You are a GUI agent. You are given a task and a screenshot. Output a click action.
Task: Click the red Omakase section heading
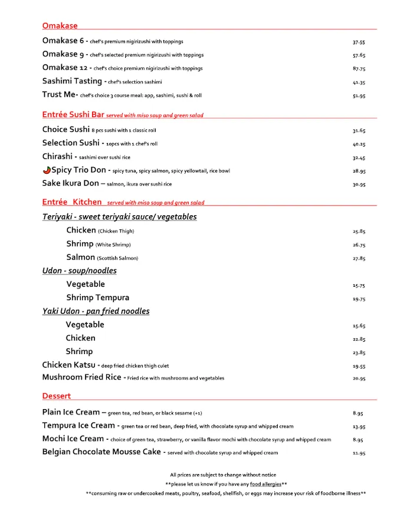(x=60, y=26)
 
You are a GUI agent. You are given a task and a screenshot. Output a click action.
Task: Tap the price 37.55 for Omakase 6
(x=359, y=43)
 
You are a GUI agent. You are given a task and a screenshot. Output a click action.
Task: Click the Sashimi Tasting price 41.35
(x=359, y=83)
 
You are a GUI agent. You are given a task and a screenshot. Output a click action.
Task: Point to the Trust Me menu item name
(x=60, y=95)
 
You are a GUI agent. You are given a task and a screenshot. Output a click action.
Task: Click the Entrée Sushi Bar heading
(x=73, y=115)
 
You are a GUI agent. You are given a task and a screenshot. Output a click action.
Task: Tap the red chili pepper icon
(x=47, y=170)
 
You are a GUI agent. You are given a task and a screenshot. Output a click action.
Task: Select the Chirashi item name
(x=57, y=157)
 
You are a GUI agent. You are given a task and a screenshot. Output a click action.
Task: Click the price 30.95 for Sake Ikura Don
(x=359, y=184)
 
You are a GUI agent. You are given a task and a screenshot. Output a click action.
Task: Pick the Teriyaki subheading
(x=119, y=217)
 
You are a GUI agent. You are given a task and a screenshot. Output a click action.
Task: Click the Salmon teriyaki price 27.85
(x=359, y=258)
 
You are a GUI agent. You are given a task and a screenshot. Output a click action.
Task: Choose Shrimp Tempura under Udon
(x=97, y=298)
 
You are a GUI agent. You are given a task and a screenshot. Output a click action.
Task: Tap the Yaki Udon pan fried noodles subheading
(x=96, y=312)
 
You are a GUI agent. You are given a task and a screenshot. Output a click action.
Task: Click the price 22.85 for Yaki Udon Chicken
(x=359, y=339)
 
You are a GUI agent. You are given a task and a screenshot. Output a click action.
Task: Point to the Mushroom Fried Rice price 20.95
(x=359, y=379)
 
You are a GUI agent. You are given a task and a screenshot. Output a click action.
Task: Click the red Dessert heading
(x=57, y=396)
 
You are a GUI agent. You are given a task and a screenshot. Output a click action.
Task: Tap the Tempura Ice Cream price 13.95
(x=359, y=427)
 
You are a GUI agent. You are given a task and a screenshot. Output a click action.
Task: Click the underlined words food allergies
(x=265, y=484)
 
